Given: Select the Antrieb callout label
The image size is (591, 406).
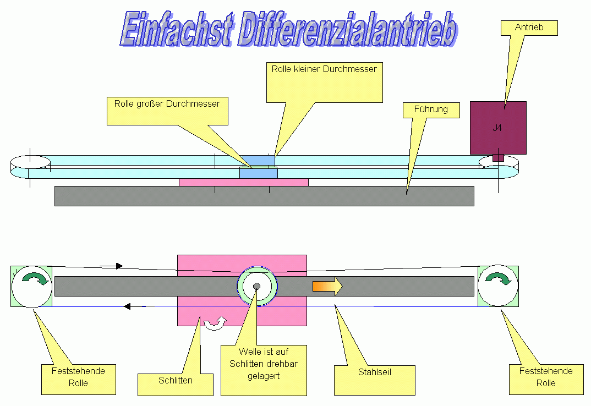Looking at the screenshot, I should pyautogui.click(x=529, y=28).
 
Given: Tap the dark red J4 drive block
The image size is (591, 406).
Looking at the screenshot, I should pyautogui.click(x=498, y=128).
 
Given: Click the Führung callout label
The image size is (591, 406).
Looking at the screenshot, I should pyautogui.click(x=431, y=109).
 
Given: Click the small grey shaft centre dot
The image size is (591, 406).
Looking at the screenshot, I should pyautogui.click(x=256, y=286).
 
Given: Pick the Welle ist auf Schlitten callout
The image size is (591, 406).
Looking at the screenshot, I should pyautogui.click(x=264, y=370).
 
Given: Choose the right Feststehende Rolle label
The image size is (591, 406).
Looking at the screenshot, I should pyautogui.click(x=546, y=378).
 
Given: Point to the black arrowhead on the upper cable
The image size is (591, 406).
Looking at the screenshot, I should pyautogui.click(x=119, y=266).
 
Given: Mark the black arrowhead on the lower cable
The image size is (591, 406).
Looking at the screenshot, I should pyautogui.click(x=127, y=306).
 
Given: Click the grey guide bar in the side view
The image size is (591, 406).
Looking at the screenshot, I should pyautogui.click(x=264, y=196).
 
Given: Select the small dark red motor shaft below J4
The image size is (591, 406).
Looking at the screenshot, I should pyautogui.click(x=498, y=158).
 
